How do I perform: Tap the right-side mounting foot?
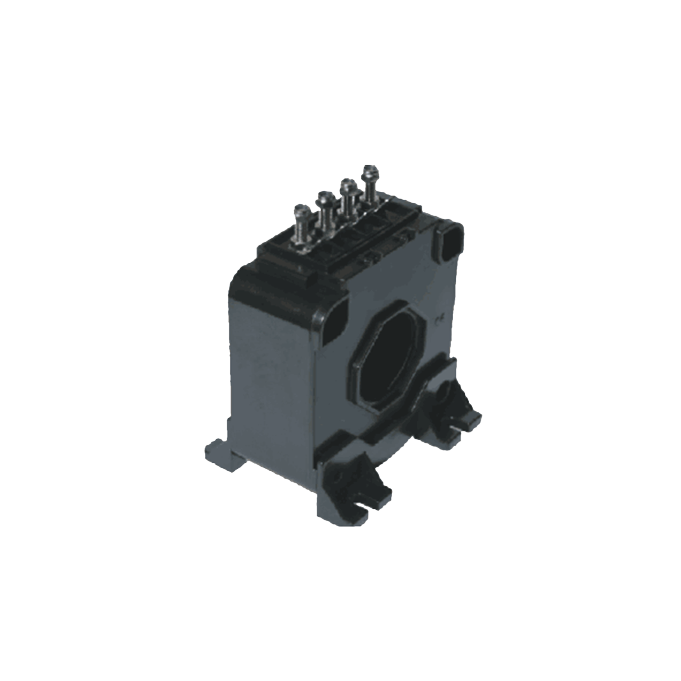(x=458, y=412)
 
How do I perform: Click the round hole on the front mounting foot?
(x=338, y=478)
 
